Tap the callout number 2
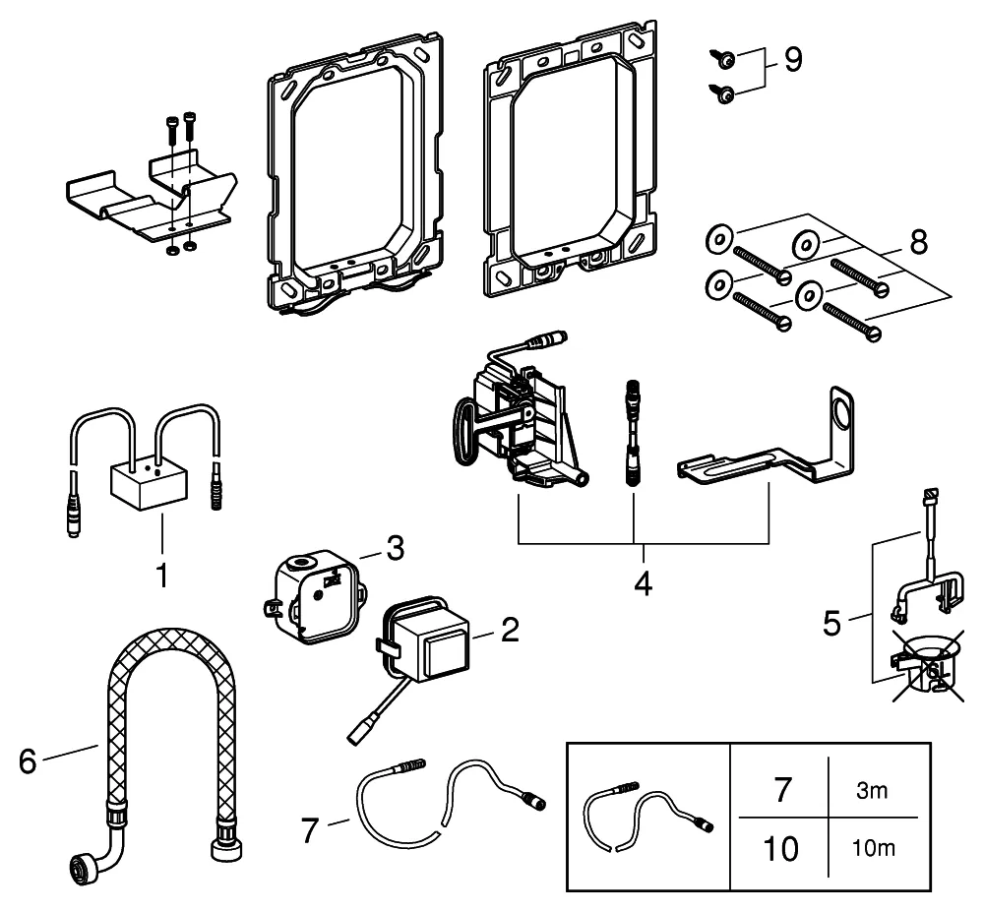[509, 631]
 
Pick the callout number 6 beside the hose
[30, 761]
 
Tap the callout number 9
[791, 60]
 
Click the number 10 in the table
[780, 848]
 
